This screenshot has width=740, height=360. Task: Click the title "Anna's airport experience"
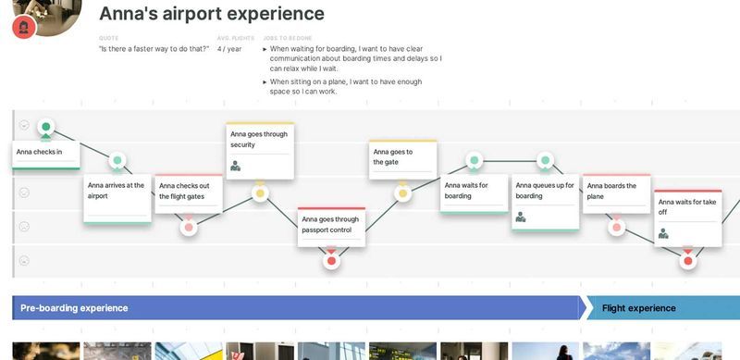[x=211, y=14]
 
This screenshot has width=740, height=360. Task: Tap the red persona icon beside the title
[x=24, y=27]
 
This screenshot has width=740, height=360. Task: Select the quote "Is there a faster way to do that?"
[x=154, y=49]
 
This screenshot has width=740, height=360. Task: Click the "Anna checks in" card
[x=44, y=153]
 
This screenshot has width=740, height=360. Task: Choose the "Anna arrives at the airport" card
[x=117, y=196]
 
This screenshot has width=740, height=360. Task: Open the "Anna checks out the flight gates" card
[x=188, y=192]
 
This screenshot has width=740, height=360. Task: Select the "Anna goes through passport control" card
[x=331, y=228]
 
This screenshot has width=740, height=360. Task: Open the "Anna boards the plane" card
[x=617, y=193]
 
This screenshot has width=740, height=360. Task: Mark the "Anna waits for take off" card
[x=688, y=217]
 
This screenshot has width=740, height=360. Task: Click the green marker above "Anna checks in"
[x=46, y=127]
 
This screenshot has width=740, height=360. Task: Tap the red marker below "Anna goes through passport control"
[x=331, y=261]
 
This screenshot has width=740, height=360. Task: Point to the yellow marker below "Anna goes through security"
[x=260, y=193]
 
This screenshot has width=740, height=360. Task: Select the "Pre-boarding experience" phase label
[x=74, y=308]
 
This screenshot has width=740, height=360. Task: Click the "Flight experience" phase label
[x=638, y=308]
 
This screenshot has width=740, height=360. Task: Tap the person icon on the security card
[x=236, y=167]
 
